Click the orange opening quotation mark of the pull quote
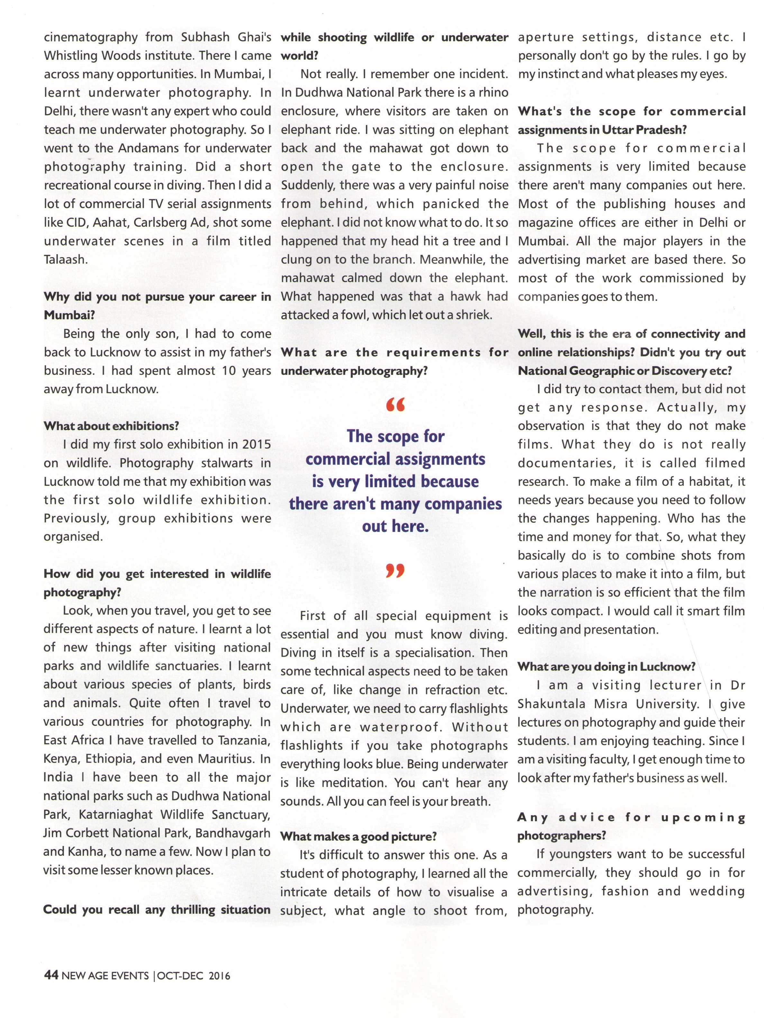395,405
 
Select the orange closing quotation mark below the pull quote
395,571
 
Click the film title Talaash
65,259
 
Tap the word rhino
493,93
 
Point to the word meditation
357,783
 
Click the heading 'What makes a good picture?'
359,836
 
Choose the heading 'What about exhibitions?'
111,426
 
